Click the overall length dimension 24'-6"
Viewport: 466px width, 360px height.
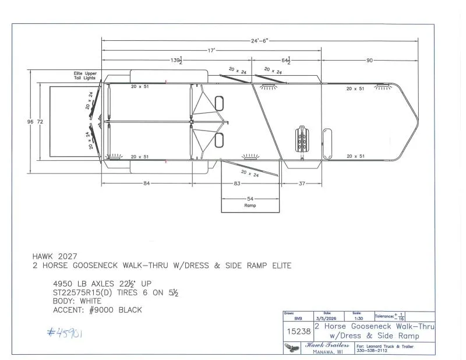coord(260,41)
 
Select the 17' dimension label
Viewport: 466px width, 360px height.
coord(212,51)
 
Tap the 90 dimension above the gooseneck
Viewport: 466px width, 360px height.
coord(369,60)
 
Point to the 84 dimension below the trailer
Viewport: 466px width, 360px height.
coord(146,184)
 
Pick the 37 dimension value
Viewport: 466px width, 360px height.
coord(302,184)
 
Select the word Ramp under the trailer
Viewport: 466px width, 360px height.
coord(249,206)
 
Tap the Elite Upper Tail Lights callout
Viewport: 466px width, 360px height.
coord(85,76)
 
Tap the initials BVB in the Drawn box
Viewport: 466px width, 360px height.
coord(298,319)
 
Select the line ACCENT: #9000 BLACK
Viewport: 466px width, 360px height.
coord(97,310)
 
